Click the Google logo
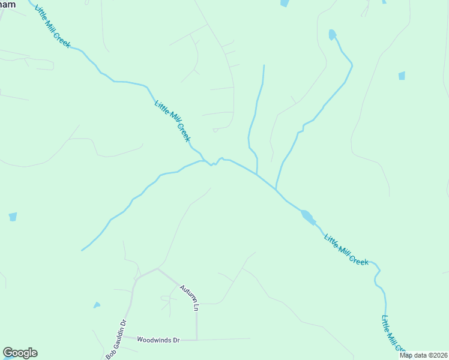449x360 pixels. click(x=20, y=353)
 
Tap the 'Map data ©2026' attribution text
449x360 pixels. click(x=423, y=355)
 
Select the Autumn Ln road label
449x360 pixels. click(x=188, y=296)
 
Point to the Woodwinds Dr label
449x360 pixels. click(x=158, y=340)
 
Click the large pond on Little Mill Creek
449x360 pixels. click(x=307, y=216)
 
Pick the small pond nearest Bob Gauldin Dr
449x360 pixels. click(x=97, y=305)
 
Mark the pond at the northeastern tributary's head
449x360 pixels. click(x=332, y=35)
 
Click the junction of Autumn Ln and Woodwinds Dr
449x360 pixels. click(x=197, y=340)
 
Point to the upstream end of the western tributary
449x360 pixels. click(x=82, y=250)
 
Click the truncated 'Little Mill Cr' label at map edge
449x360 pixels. click(x=393, y=334)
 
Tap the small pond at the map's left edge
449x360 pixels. click(x=13, y=217)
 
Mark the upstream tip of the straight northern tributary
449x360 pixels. click(x=264, y=65)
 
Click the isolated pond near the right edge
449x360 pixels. click(x=402, y=76)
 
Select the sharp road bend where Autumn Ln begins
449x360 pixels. click(x=158, y=269)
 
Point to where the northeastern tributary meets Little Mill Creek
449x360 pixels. click(x=276, y=190)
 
